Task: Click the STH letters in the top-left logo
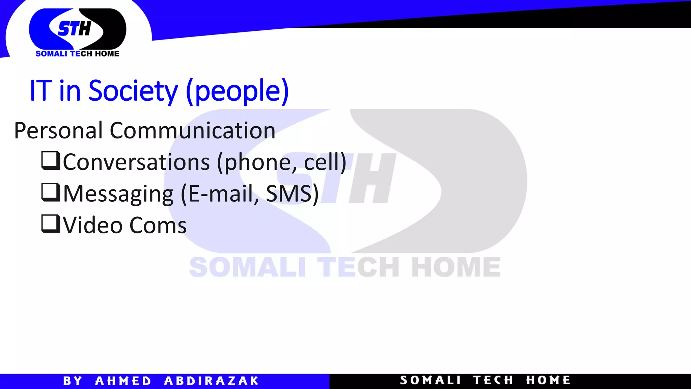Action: click(x=75, y=28)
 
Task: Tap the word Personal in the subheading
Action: click(x=58, y=130)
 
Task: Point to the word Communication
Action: click(x=193, y=130)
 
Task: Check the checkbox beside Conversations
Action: click(x=51, y=160)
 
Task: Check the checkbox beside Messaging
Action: click(x=51, y=192)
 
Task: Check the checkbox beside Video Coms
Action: click(x=51, y=224)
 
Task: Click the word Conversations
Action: click(x=136, y=162)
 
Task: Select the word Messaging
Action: click(x=118, y=194)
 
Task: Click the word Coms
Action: click(x=158, y=225)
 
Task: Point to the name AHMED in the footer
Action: click(x=123, y=381)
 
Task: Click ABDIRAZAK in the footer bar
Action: click(x=211, y=381)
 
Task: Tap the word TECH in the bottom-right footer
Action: click(x=493, y=380)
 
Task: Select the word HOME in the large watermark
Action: click(x=455, y=267)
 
